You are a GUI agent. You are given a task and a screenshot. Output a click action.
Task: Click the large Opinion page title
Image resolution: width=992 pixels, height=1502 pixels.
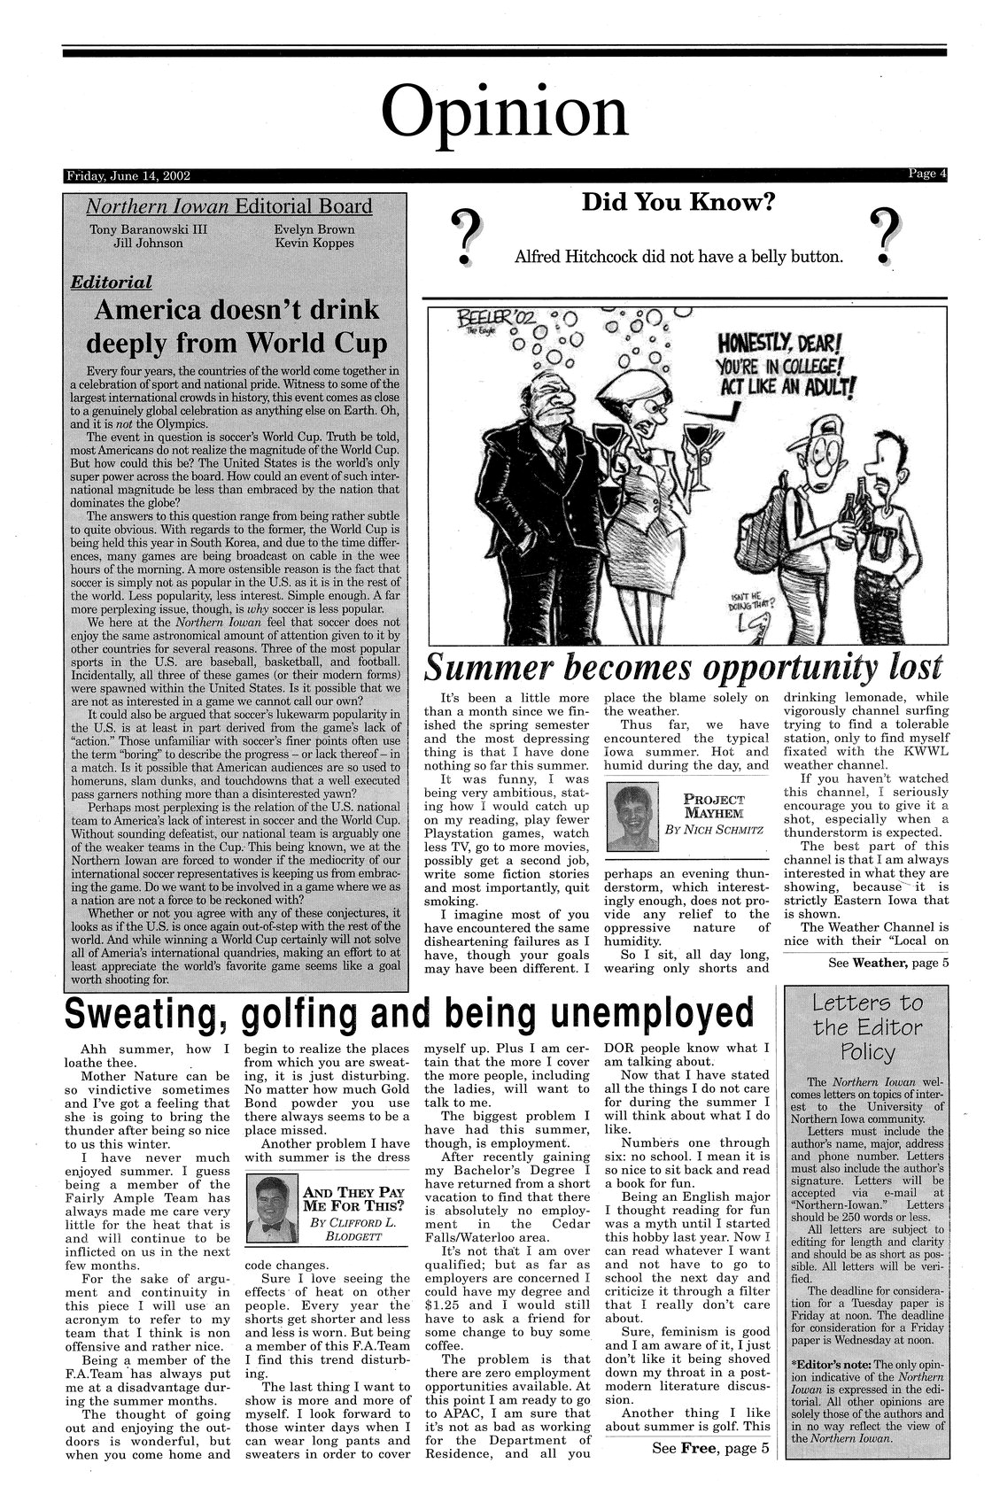point(504,112)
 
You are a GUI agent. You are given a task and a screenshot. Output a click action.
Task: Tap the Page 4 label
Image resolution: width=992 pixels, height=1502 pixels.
point(926,174)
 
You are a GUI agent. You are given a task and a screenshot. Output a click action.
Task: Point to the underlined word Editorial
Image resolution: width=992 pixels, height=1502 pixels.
point(112,282)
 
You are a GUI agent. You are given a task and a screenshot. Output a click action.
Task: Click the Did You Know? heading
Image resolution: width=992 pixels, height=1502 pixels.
point(678,203)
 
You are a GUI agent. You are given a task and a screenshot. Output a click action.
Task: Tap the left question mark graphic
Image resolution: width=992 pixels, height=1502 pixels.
point(465,236)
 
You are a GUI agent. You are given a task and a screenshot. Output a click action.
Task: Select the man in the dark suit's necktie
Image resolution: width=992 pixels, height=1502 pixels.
point(559,461)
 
